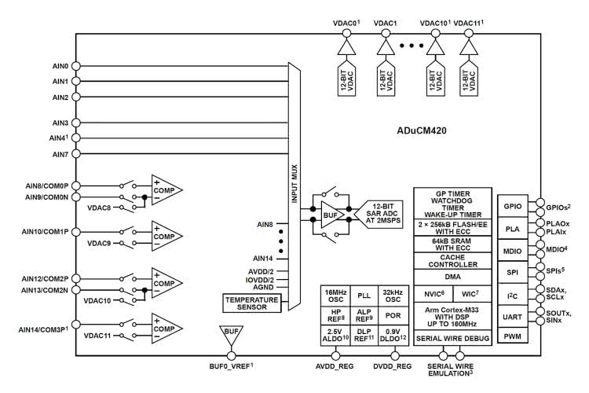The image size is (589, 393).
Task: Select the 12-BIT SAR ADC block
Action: pyautogui.click(x=381, y=211)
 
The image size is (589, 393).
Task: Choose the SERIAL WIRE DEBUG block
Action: pyautogui.click(x=453, y=338)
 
